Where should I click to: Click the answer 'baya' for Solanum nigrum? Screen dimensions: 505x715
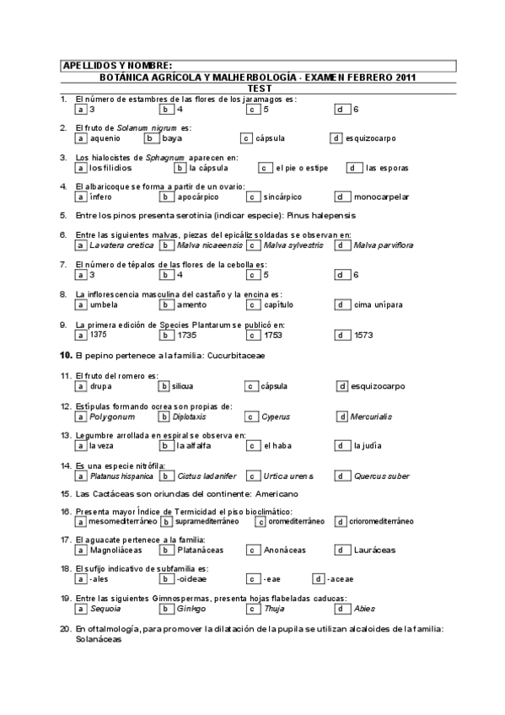172,138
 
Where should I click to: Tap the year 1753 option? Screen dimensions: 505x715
271,335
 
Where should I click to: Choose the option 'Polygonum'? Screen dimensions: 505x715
111,417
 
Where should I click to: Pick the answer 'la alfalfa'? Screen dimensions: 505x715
195,446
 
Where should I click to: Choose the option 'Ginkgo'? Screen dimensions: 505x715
191,609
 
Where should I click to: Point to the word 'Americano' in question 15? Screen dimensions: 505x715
275,493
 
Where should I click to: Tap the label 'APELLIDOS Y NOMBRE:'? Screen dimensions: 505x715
117,65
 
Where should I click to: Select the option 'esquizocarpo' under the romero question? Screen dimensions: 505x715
378,386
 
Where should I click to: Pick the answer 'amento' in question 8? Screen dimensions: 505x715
191,305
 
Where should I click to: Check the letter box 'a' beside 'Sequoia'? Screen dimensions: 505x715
80,609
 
